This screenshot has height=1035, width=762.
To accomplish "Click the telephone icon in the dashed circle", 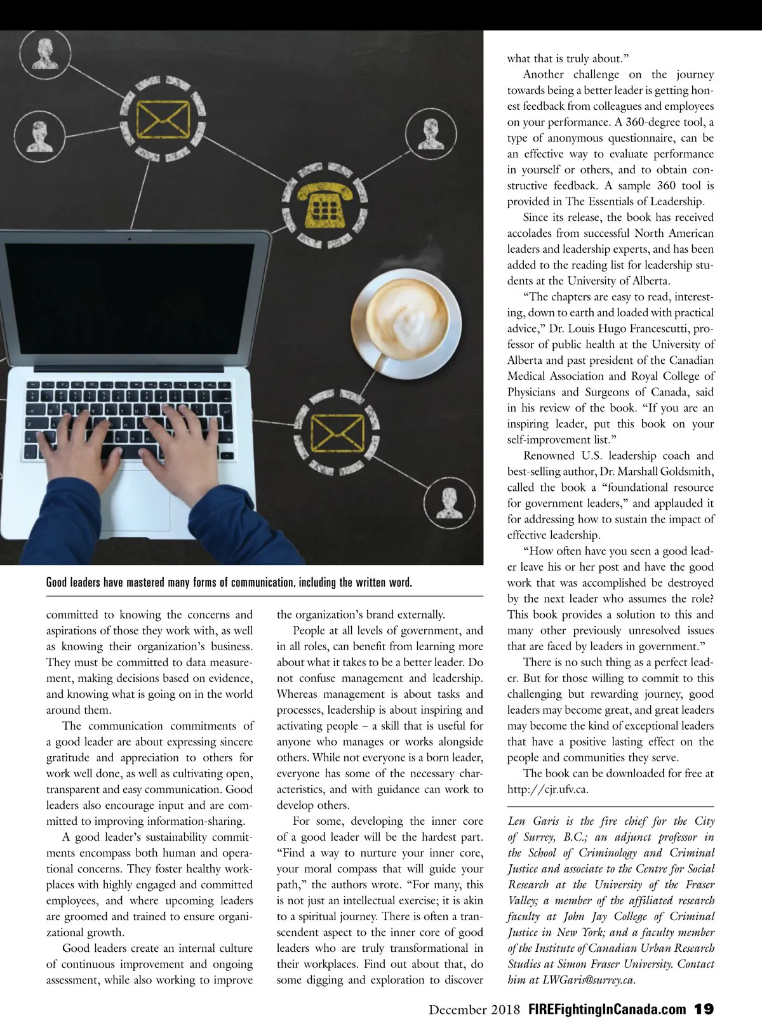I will tap(324, 204).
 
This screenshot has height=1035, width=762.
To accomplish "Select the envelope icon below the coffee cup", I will tap(337, 432).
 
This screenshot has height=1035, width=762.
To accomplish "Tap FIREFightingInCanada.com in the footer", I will tap(607, 1009).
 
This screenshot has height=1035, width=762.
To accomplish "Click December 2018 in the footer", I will tap(474, 1009).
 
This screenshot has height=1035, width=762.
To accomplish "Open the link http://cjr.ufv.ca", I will tap(547, 789).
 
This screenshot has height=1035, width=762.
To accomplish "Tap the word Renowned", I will tap(549, 455).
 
